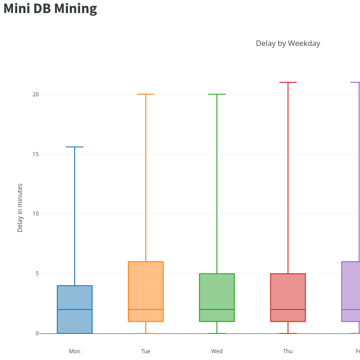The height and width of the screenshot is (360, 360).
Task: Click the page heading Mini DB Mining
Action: point(50,9)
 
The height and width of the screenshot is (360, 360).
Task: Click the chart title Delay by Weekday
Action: point(288,43)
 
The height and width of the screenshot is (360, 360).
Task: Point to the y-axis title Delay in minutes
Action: point(20,207)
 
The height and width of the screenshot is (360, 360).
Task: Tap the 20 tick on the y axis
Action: point(36,94)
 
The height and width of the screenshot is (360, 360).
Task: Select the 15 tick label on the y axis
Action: point(36,154)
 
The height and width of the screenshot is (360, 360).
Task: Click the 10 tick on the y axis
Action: point(36,214)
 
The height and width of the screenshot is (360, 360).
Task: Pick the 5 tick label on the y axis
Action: point(37,274)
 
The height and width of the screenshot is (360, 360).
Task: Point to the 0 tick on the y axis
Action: point(37,333)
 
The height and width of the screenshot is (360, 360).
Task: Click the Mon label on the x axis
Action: point(75,351)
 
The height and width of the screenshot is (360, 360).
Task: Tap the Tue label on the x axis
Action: point(146,351)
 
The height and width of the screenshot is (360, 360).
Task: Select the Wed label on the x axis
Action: point(217,351)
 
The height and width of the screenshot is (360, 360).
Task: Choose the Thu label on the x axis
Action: point(288,351)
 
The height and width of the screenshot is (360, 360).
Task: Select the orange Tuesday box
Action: point(146,288)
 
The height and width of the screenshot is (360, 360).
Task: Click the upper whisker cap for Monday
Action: point(75,147)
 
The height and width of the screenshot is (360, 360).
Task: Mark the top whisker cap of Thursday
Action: point(288,82)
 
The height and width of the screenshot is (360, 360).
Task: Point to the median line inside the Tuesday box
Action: point(146,310)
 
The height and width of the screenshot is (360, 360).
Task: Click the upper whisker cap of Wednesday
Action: point(217,94)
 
